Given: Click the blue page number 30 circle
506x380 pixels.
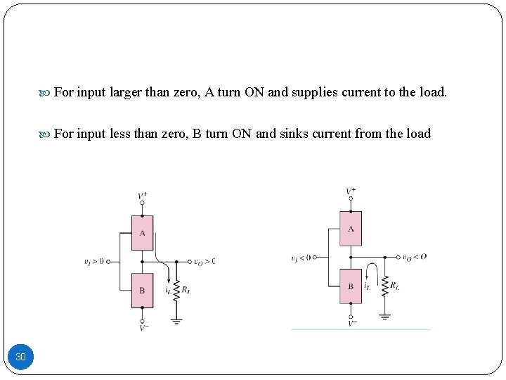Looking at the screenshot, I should tap(20, 357).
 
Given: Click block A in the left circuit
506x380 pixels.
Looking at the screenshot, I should tap(142, 233).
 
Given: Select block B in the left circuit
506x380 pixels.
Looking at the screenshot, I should tap(142, 290).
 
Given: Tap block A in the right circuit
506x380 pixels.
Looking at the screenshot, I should tap(351, 229).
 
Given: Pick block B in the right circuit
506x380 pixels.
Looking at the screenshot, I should tap(351, 286).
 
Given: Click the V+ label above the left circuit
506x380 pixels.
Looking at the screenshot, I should tap(142, 195).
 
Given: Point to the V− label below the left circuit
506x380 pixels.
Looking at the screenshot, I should tap(143, 327).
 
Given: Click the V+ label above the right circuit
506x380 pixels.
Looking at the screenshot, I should tap(351, 191).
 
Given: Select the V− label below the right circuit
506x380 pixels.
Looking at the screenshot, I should tap(351, 323).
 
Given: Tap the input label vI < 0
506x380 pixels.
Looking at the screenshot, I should tap(301, 258).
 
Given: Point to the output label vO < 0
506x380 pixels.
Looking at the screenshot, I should tap(414, 257).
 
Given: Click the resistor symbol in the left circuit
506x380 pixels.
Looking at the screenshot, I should tap(176, 289).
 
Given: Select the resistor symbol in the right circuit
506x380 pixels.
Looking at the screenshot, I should tap(384, 286).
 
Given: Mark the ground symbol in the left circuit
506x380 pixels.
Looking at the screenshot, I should tap(176, 319).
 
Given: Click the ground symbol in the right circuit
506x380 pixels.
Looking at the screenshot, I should tap(384, 316).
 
